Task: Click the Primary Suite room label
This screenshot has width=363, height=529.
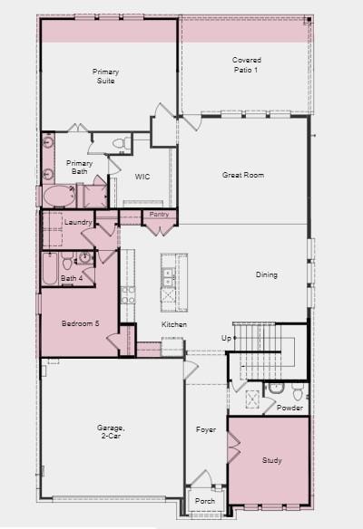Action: [x=105, y=75]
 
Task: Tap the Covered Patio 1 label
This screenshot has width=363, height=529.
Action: [x=246, y=65]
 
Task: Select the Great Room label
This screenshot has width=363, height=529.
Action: [x=243, y=175]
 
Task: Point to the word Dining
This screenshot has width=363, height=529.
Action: [x=266, y=274]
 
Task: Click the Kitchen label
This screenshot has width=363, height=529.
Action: [x=174, y=324]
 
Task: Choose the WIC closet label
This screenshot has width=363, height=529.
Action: [x=142, y=177]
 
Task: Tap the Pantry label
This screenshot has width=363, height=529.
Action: [x=160, y=214]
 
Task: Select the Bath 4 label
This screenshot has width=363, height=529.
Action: [x=71, y=278]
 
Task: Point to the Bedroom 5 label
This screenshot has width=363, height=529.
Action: [x=79, y=323]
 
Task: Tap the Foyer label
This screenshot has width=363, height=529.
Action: [x=206, y=428]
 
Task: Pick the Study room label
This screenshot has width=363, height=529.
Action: [x=272, y=460]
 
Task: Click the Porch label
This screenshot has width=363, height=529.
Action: [x=205, y=500]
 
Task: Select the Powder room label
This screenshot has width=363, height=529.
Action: [x=289, y=408]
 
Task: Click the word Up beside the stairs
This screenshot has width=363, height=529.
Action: [x=226, y=338]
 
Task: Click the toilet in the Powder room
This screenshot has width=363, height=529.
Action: [x=276, y=389]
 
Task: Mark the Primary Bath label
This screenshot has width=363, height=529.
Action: [x=78, y=167]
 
